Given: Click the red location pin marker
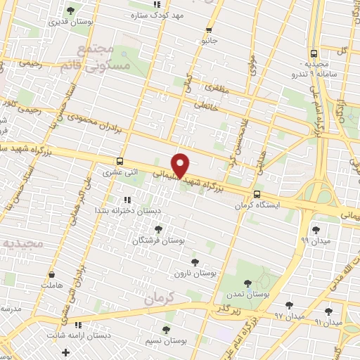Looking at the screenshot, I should click(x=181, y=165).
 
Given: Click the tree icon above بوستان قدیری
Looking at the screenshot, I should click(x=70, y=10).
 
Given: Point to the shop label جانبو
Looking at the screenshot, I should click(x=208, y=41).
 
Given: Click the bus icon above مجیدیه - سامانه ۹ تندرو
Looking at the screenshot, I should click(x=314, y=53).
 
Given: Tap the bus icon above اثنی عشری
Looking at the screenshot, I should click(x=120, y=161).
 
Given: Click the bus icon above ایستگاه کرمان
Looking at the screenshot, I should click(x=256, y=194).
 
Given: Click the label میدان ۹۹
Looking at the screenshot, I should click(x=314, y=240).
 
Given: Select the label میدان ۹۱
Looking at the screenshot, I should click(x=328, y=321).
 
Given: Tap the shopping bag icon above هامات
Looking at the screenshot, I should click(x=51, y=275).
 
